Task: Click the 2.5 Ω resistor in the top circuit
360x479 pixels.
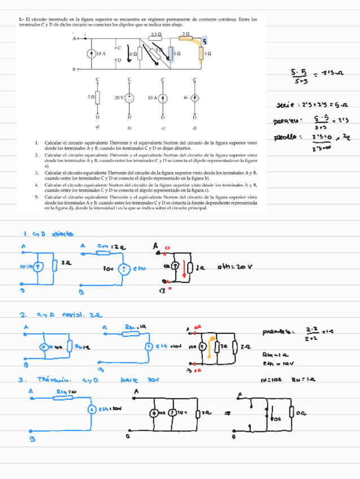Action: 157,38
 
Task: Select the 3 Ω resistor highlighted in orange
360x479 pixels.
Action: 201,53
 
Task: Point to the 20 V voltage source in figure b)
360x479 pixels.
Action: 129,97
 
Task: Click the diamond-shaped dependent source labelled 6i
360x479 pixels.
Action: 194,97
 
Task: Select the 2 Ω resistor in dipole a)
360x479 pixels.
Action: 97,97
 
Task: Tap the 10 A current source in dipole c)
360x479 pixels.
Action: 162,97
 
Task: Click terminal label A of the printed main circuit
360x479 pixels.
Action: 73,38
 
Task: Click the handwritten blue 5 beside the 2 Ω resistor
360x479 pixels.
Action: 205,42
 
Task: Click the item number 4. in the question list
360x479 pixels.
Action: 36,185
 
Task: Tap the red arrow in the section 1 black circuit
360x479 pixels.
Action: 184,268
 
